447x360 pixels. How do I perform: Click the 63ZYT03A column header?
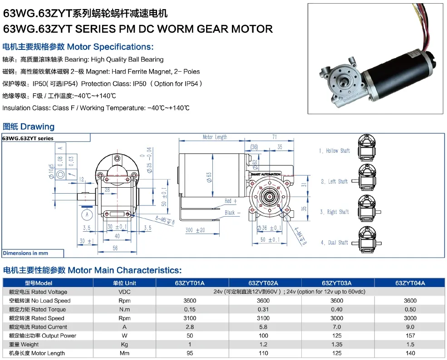[x=336, y=283]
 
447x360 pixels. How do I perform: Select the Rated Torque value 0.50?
[x=410, y=309]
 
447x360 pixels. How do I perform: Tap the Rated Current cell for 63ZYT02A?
[x=263, y=327]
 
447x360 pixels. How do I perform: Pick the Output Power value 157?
[x=410, y=336]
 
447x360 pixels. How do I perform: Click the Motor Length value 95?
[x=190, y=353]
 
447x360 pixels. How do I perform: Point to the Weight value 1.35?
[x=336, y=345]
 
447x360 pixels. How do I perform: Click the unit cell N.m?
[x=124, y=309]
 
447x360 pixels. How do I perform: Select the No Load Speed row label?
[x=37, y=301]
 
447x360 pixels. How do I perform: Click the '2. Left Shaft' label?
[x=334, y=181]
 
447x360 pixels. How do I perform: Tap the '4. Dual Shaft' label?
[x=334, y=243]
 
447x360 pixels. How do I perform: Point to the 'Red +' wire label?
[x=231, y=201]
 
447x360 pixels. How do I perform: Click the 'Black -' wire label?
[x=232, y=212]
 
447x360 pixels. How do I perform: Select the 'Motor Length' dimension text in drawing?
[x=215, y=137]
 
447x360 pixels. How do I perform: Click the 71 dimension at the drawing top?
[x=275, y=136]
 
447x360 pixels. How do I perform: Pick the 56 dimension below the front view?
[x=115, y=248]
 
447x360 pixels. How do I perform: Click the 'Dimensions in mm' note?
[x=25, y=253]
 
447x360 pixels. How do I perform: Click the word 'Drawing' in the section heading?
[x=37, y=127]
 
